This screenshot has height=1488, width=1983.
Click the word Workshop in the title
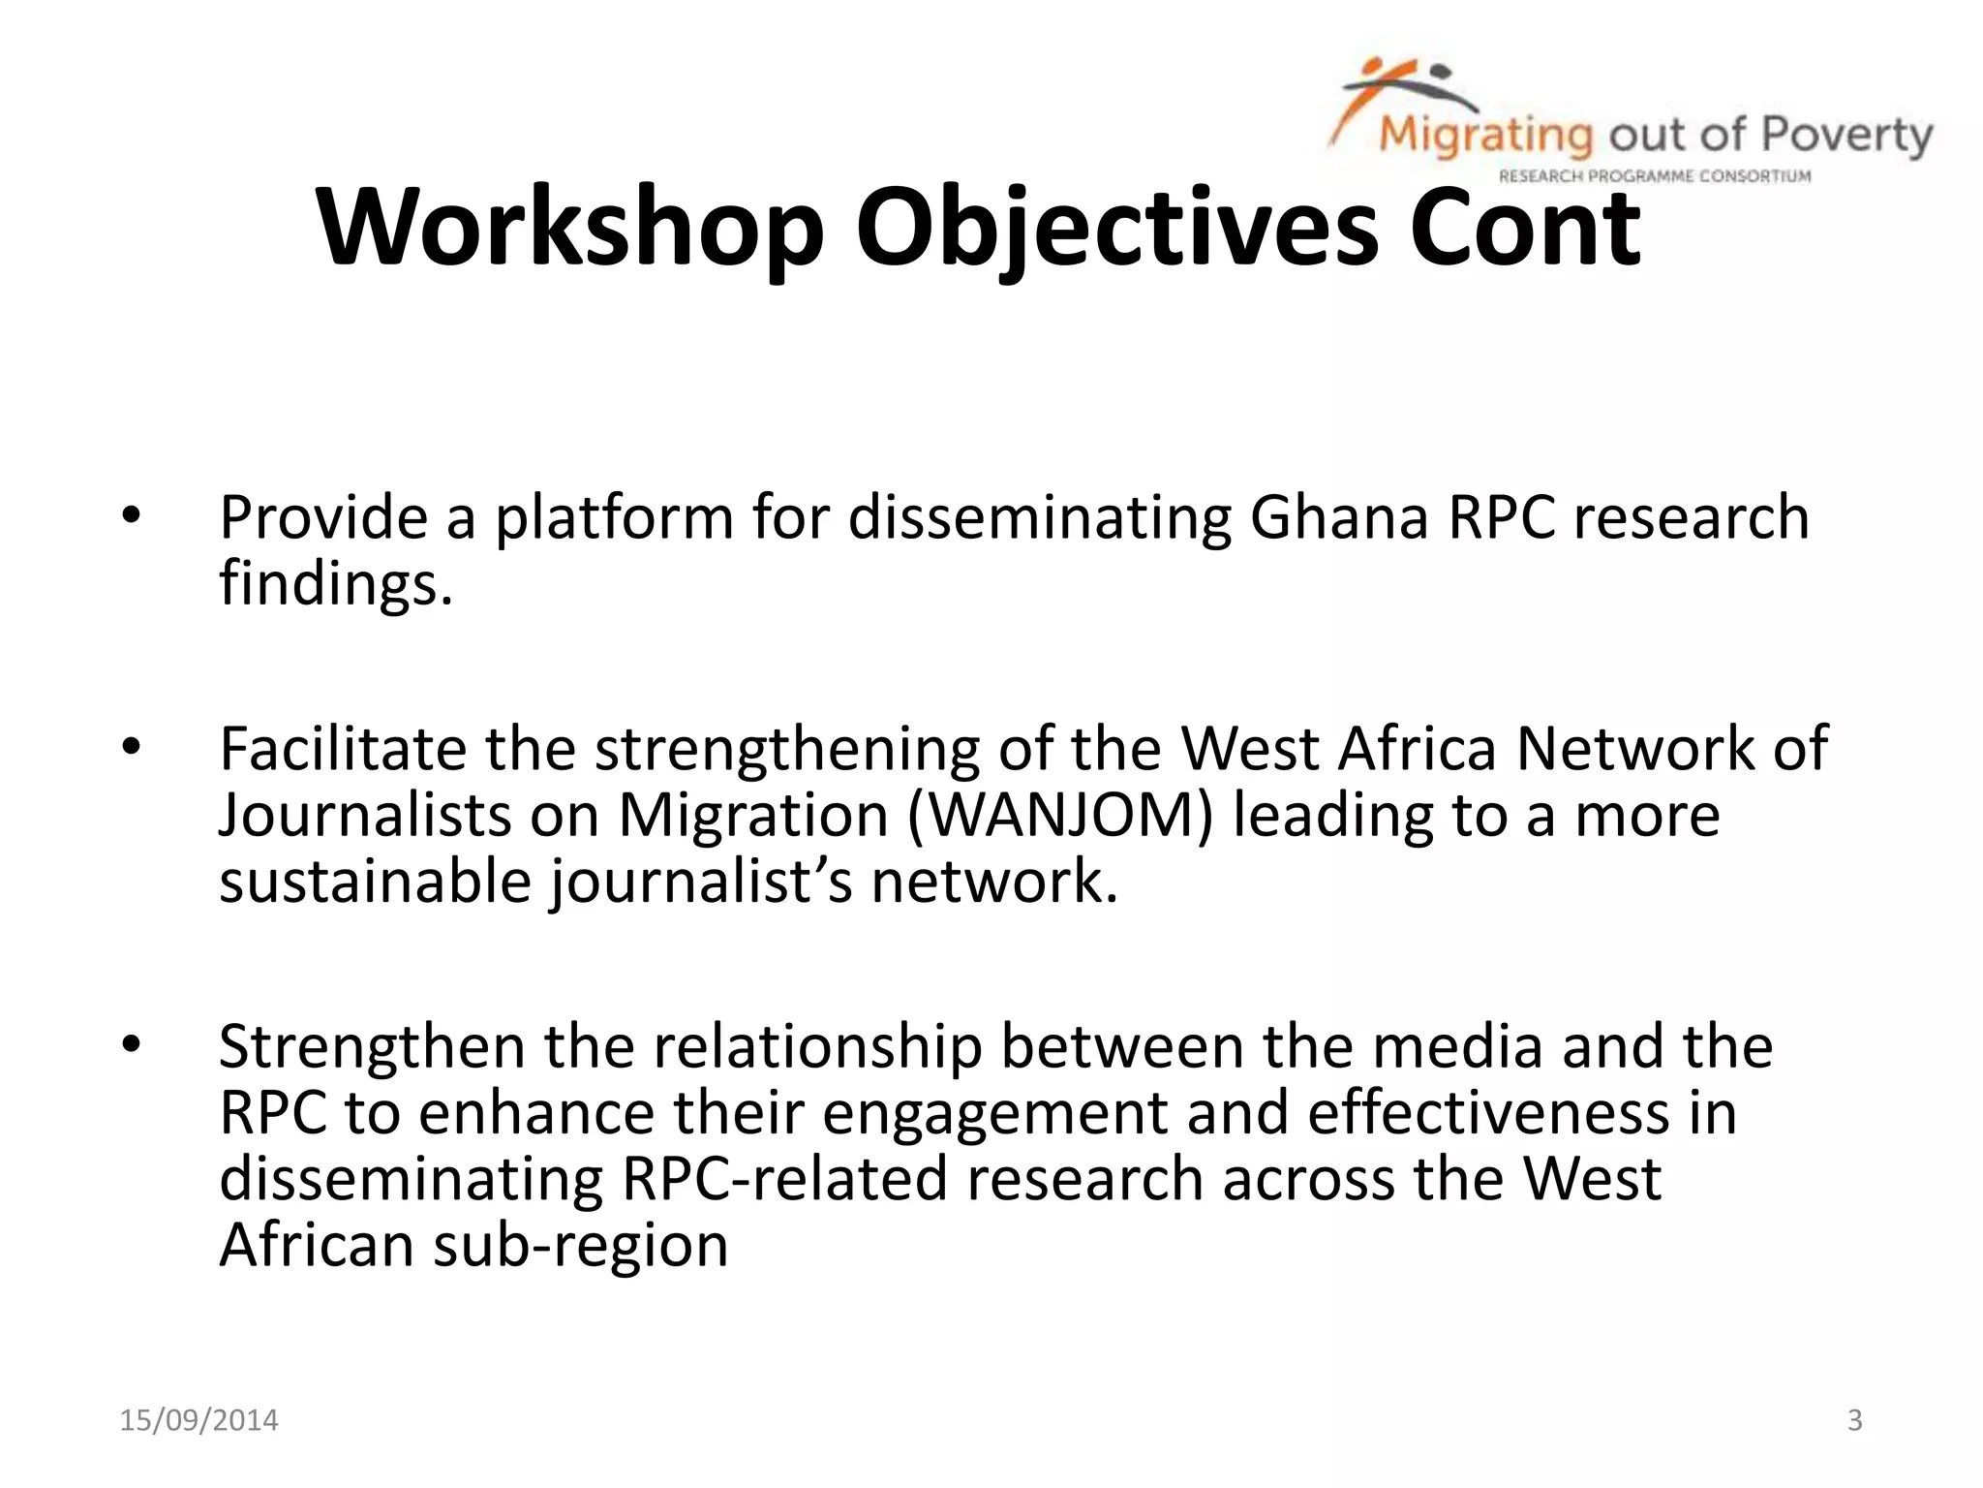[x=570, y=228]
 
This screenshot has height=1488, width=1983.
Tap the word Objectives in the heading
[x=1116, y=230]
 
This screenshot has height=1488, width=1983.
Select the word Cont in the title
[x=1525, y=228]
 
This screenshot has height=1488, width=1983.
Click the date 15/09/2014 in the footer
[x=198, y=1420]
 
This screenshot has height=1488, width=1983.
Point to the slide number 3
[x=1854, y=1420]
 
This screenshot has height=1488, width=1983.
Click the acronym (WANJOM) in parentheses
[x=1060, y=815]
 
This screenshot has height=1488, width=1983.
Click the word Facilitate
[x=343, y=749]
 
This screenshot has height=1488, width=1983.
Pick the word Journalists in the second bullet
[x=364, y=815]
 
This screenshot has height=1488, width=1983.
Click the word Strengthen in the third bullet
[x=373, y=1047]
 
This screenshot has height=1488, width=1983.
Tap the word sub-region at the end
[x=580, y=1245]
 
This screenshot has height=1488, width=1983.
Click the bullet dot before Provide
[x=132, y=516]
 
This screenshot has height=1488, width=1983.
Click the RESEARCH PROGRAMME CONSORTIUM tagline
[x=1654, y=176]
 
